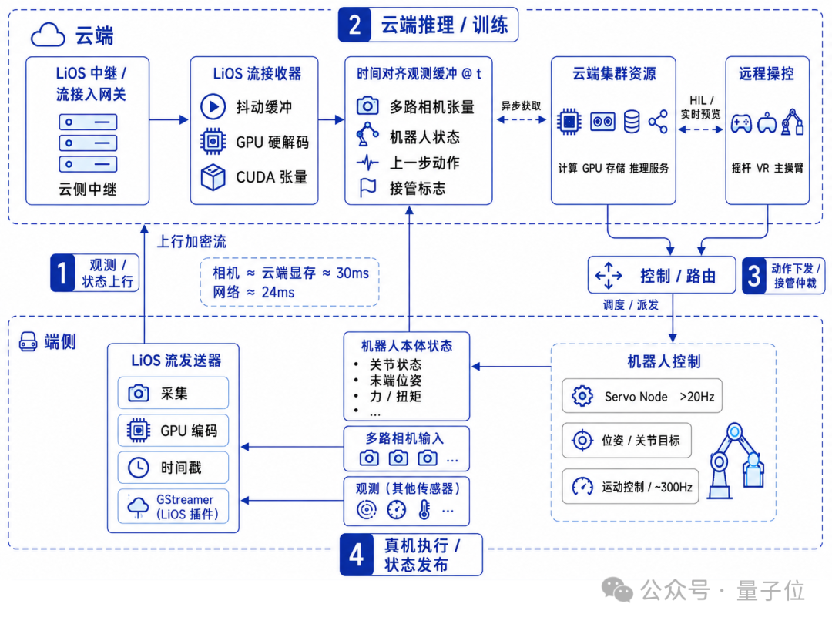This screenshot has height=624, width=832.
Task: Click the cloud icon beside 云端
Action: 48,35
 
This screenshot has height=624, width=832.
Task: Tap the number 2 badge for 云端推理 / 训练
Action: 355,25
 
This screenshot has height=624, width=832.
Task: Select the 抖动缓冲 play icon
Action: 213,106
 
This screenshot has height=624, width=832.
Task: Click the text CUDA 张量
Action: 271,177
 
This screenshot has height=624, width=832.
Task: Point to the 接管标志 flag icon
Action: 367,187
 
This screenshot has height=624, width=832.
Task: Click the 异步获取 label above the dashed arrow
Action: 521,106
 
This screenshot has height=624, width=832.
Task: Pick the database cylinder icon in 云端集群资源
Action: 632,122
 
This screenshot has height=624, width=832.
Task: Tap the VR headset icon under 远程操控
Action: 767,122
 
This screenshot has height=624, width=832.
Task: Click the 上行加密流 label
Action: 192,242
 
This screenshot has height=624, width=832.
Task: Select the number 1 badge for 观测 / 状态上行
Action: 63,273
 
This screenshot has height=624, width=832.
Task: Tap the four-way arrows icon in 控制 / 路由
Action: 608,275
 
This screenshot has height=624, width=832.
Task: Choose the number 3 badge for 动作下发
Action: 754,276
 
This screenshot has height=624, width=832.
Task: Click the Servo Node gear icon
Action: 582,396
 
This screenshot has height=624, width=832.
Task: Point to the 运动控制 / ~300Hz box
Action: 630,486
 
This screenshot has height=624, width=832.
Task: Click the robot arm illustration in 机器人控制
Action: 736,460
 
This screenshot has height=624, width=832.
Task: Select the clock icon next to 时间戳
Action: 139,468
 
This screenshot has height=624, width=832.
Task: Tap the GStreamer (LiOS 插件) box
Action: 173,507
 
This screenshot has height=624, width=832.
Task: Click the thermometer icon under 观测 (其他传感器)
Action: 424,509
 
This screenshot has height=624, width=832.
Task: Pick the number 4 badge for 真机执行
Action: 357,555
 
